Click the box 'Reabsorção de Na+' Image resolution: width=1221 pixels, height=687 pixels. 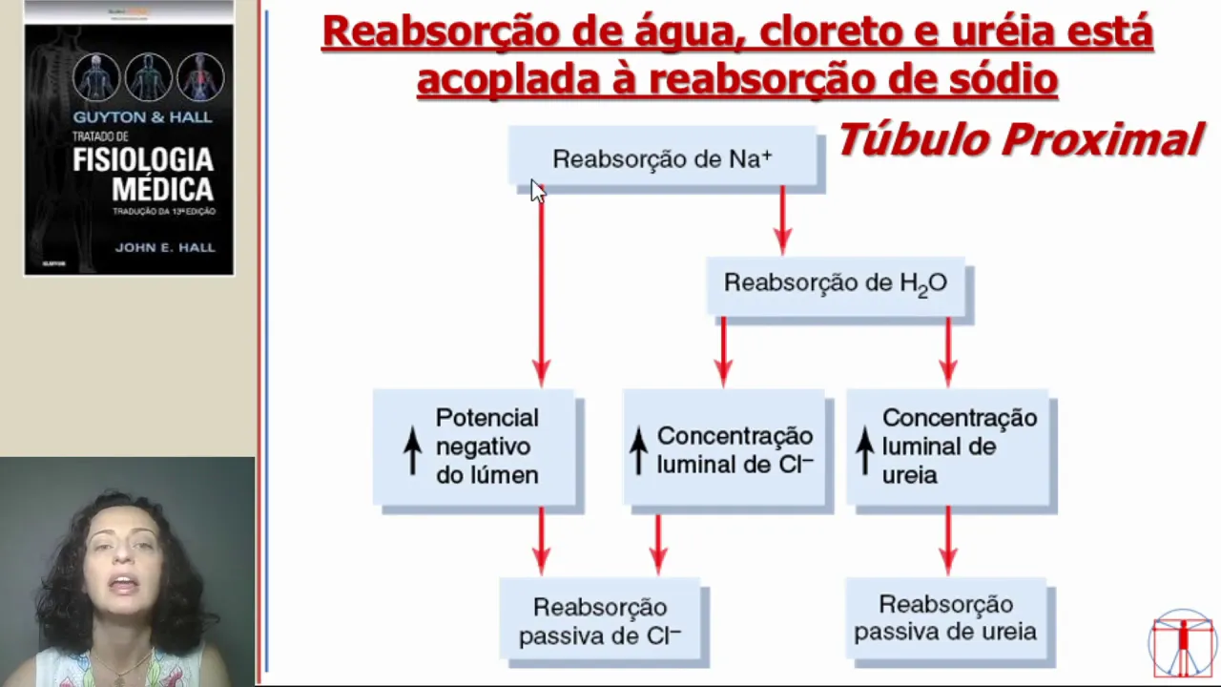[662, 158]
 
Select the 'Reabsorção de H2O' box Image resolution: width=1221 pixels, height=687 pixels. [835, 283]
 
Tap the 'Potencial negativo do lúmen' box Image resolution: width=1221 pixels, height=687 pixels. [475, 447]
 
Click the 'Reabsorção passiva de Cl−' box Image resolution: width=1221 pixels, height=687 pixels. [600, 621]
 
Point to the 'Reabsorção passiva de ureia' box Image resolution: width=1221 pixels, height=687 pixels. [945, 618]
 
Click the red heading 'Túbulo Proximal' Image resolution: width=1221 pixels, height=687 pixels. [1019, 140]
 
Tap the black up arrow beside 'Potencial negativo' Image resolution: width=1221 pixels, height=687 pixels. [412, 449]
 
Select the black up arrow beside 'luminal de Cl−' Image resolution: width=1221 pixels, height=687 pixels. [638, 449]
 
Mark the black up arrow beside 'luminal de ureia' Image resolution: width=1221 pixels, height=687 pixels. [864, 449]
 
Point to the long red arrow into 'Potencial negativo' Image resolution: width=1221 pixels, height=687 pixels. [541, 286]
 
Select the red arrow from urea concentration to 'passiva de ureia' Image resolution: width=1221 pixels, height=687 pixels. [947, 540]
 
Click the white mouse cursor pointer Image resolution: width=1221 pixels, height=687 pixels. [537, 190]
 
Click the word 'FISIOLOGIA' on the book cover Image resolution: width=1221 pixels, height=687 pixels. [142, 158]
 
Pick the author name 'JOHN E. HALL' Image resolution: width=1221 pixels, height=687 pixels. [165, 247]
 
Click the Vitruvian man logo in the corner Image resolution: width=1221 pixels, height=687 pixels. [1183, 644]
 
